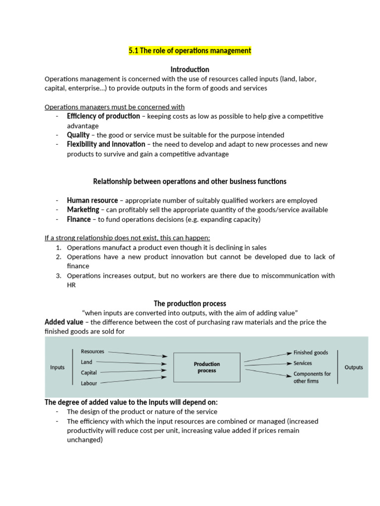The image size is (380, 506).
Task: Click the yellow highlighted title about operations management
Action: point(190,50)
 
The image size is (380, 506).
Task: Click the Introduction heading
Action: point(190,69)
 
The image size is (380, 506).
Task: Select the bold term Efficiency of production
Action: point(103,116)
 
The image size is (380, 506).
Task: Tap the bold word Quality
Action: point(78,135)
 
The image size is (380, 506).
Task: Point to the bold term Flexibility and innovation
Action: point(106,144)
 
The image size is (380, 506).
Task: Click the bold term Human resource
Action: point(93,200)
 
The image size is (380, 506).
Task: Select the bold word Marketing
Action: point(83,210)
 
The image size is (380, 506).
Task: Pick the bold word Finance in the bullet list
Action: point(79,219)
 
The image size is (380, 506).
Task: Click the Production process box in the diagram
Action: point(207,367)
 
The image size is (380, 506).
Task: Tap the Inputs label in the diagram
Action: point(57,367)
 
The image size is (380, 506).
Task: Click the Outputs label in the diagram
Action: point(353,367)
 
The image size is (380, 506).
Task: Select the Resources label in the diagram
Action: point(93,351)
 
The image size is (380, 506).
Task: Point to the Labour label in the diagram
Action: point(89,383)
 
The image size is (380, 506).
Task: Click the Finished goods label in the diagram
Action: point(311,353)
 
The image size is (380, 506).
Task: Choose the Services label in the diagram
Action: point(303,363)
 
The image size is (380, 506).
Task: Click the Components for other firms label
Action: point(312,378)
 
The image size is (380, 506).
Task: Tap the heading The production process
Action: point(190,303)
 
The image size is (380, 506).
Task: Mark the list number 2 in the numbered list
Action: point(58,257)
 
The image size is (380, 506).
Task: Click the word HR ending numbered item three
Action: point(71,285)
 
